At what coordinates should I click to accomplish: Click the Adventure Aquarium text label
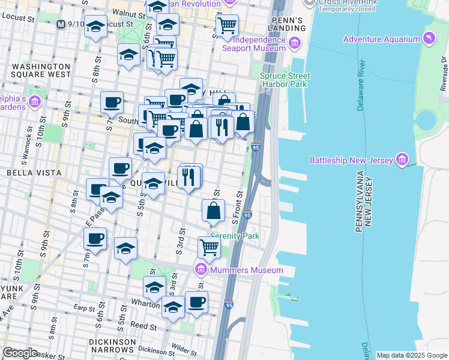(381, 40)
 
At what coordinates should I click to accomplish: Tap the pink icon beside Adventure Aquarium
(429, 40)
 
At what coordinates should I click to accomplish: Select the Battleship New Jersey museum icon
(402, 160)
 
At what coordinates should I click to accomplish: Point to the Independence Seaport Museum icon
(295, 43)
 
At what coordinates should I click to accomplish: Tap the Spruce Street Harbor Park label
(285, 80)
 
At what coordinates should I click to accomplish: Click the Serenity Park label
(235, 236)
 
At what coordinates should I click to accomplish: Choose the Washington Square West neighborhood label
(41, 71)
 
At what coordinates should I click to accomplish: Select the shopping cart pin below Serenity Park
(209, 247)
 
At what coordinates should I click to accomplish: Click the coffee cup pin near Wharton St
(196, 302)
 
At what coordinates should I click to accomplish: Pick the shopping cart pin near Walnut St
(227, 26)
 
